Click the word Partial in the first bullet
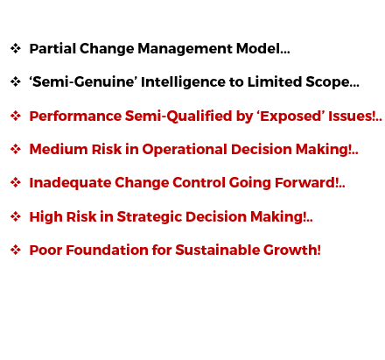52,48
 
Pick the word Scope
327,82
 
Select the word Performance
75,116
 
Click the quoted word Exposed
290,116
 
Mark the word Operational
185,150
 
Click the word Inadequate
70,183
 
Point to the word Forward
305,182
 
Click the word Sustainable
217,251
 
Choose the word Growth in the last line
290,251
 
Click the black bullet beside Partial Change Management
16,48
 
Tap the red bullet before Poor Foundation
16,251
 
